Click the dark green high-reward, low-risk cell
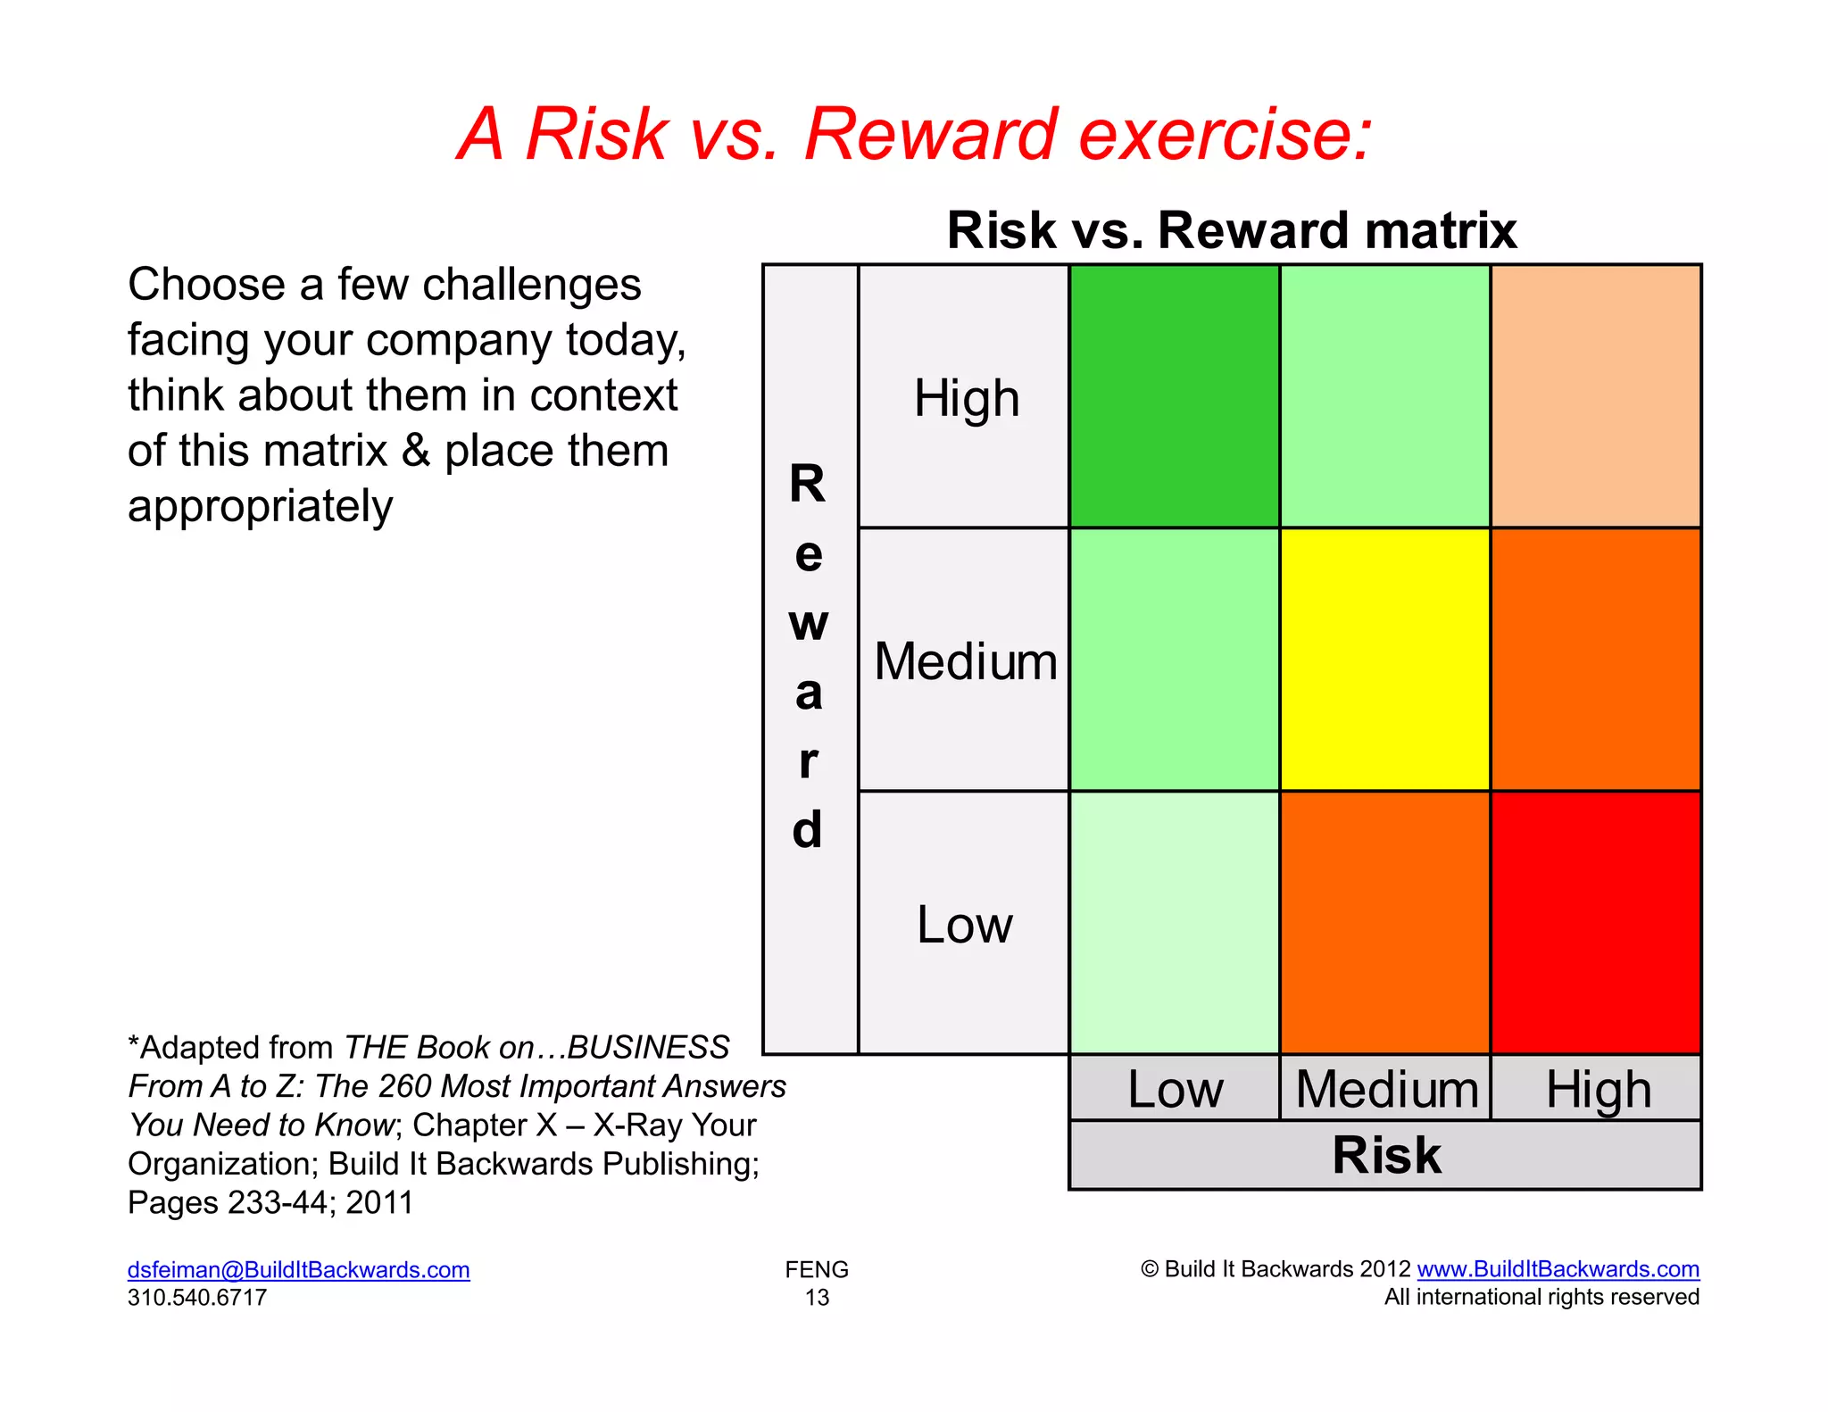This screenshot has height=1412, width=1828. [x=1174, y=396]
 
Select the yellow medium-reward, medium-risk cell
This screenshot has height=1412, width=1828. [x=1384, y=660]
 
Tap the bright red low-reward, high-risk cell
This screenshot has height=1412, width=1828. [x=1595, y=922]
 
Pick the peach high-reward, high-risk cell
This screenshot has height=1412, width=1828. [x=1595, y=396]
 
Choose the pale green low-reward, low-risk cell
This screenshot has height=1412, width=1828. [x=1174, y=922]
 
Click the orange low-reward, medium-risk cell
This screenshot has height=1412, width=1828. [x=1384, y=922]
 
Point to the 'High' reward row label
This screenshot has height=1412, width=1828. [x=966, y=398]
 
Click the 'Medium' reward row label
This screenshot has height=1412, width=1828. [x=966, y=661]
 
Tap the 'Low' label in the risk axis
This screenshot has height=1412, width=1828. [x=1175, y=1089]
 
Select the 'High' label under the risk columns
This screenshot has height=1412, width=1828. [x=1598, y=1090]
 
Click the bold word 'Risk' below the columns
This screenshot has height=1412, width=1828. [x=1385, y=1155]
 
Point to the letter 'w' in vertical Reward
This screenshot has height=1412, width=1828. [x=809, y=622]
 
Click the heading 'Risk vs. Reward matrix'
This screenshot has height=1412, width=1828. [x=1231, y=230]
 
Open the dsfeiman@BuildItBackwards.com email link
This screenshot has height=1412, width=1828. [x=298, y=1269]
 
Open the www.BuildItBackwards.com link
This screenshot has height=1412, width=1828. [x=1558, y=1268]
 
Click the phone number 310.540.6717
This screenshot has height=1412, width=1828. [x=197, y=1297]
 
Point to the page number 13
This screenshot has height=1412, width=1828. [x=817, y=1297]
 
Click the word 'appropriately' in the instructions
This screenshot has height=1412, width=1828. [x=260, y=506]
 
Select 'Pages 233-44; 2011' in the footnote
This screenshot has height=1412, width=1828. [x=270, y=1202]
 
